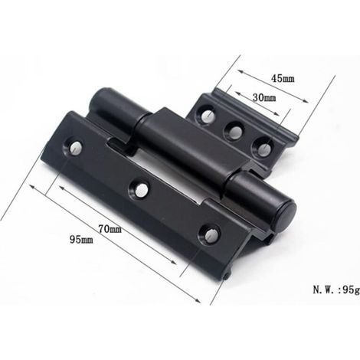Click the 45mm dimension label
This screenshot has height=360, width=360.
point(283,78)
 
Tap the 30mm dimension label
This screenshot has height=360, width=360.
point(264,97)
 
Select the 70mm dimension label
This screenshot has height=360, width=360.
point(110,229)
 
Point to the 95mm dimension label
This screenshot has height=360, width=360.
point(81,239)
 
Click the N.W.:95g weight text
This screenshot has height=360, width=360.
point(336,290)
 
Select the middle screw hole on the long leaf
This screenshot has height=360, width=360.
point(139,189)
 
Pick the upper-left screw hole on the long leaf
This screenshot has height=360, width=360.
point(75,148)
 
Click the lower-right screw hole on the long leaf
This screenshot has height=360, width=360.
point(210,234)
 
